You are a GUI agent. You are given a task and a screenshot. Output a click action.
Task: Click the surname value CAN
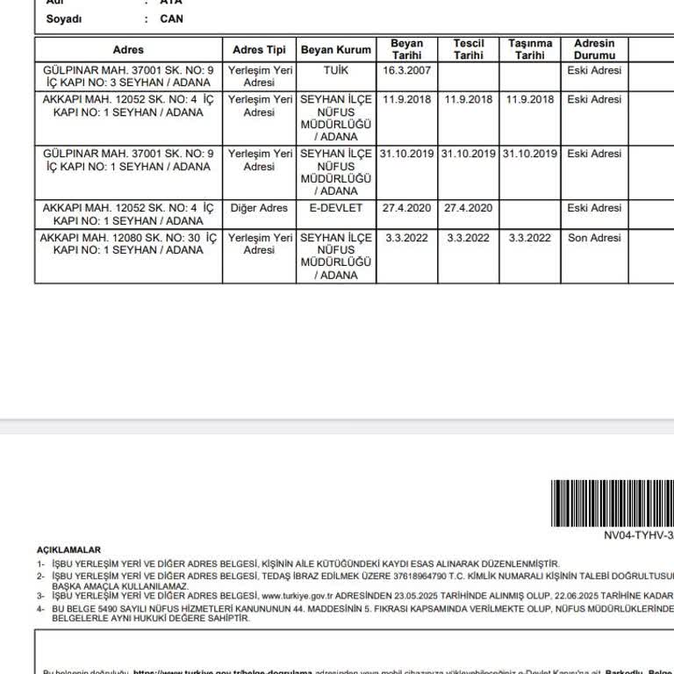(172, 18)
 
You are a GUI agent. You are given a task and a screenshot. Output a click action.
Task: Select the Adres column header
(128, 50)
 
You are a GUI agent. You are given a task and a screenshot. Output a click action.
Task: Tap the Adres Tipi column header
(259, 50)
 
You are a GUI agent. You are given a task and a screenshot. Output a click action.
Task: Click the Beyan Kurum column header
(336, 50)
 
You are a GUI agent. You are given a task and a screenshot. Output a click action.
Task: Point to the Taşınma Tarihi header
(530, 49)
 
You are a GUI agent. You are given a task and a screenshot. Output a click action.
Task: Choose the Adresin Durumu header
(594, 49)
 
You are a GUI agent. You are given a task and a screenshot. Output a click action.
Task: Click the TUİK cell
(336, 69)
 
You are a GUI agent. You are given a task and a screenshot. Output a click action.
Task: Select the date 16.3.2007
(407, 69)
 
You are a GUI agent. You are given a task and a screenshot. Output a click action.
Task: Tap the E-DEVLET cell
(336, 209)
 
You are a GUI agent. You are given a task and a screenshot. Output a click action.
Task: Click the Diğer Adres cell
(259, 209)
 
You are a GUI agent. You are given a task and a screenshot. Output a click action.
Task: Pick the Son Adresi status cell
(594, 238)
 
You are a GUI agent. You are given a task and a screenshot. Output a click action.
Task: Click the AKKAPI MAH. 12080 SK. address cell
(128, 244)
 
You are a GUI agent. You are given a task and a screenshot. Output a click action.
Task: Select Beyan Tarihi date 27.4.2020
(407, 209)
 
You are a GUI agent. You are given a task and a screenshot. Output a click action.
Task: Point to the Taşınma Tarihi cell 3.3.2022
(530, 238)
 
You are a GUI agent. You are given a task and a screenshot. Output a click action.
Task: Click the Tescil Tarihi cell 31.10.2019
(469, 154)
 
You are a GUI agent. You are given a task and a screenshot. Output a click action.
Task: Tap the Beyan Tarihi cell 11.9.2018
(407, 99)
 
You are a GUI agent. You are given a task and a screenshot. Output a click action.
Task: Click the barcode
(612, 503)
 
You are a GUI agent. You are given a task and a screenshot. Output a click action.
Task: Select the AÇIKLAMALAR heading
(69, 550)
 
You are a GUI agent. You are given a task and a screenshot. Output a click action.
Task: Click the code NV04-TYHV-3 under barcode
(638, 534)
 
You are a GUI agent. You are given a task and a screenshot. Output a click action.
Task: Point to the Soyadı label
(64, 18)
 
